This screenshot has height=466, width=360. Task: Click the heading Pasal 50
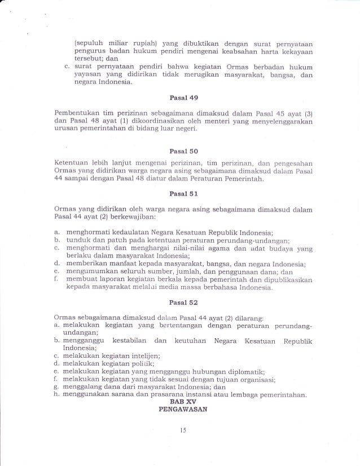click(x=180, y=151)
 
